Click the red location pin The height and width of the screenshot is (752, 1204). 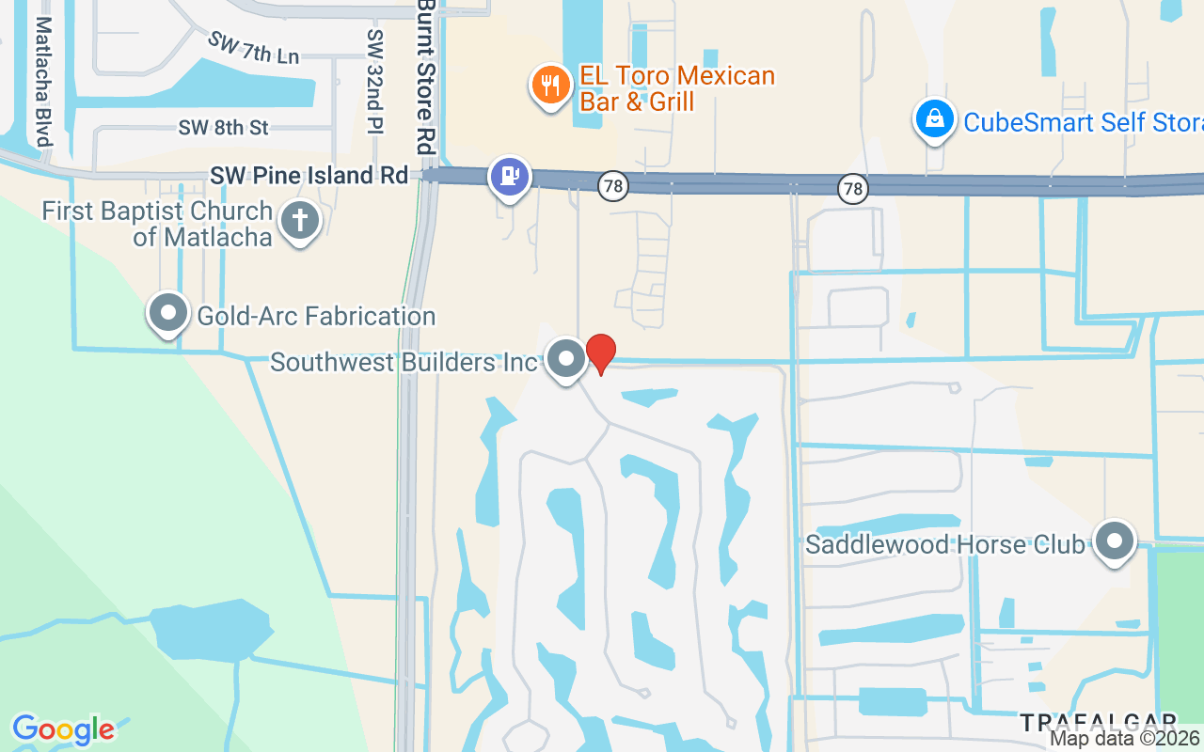(x=601, y=352)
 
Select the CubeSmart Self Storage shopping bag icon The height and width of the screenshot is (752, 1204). (x=934, y=119)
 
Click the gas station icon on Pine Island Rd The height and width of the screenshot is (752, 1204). (x=510, y=175)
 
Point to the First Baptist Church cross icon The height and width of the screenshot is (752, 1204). (x=300, y=221)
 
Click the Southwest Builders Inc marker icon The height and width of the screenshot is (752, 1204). (x=566, y=358)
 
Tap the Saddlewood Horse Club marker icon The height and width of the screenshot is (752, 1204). (x=1116, y=540)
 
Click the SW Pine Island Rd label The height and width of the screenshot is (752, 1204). (x=309, y=175)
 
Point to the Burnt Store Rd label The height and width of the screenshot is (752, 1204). (x=428, y=77)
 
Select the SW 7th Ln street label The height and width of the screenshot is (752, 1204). (x=254, y=49)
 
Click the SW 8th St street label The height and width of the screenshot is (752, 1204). (x=224, y=127)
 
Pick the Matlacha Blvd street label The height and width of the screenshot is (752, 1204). (x=43, y=82)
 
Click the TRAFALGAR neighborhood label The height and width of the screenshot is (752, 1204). (x=1098, y=723)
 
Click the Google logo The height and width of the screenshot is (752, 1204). (x=64, y=729)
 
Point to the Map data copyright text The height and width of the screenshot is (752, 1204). (x=1125, y=739)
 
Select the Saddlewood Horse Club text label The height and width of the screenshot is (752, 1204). (x=945, y=544)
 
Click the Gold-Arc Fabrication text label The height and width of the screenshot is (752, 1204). (x=316, y=316)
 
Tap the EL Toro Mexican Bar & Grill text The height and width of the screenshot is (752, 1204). (x=677, y=88)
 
